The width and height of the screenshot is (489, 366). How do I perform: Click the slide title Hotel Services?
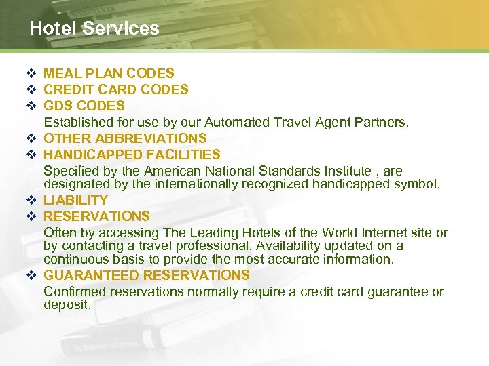(94, 28)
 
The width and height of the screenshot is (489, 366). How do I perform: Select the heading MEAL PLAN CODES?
(109, 73)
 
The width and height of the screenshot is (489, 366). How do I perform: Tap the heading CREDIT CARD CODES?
(116, 89)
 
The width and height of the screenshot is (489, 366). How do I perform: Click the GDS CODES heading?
(84, 106)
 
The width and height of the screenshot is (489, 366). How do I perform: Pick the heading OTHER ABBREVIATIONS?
(125, 138)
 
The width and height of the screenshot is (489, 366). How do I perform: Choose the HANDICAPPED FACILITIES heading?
(132, 155)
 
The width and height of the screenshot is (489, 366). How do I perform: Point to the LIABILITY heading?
(75, 200)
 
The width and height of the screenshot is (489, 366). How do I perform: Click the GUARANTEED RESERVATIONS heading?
(147, 275)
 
